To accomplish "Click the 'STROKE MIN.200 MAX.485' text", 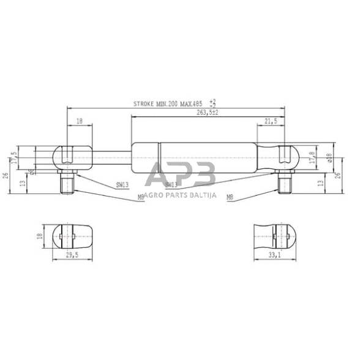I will (x=167, y=105).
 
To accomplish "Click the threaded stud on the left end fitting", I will (x=68, y=183).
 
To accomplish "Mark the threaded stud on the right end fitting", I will (x=285, y=183).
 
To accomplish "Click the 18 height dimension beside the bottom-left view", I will (x=40, y=236).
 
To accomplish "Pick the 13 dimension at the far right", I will (x=321, y=182).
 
